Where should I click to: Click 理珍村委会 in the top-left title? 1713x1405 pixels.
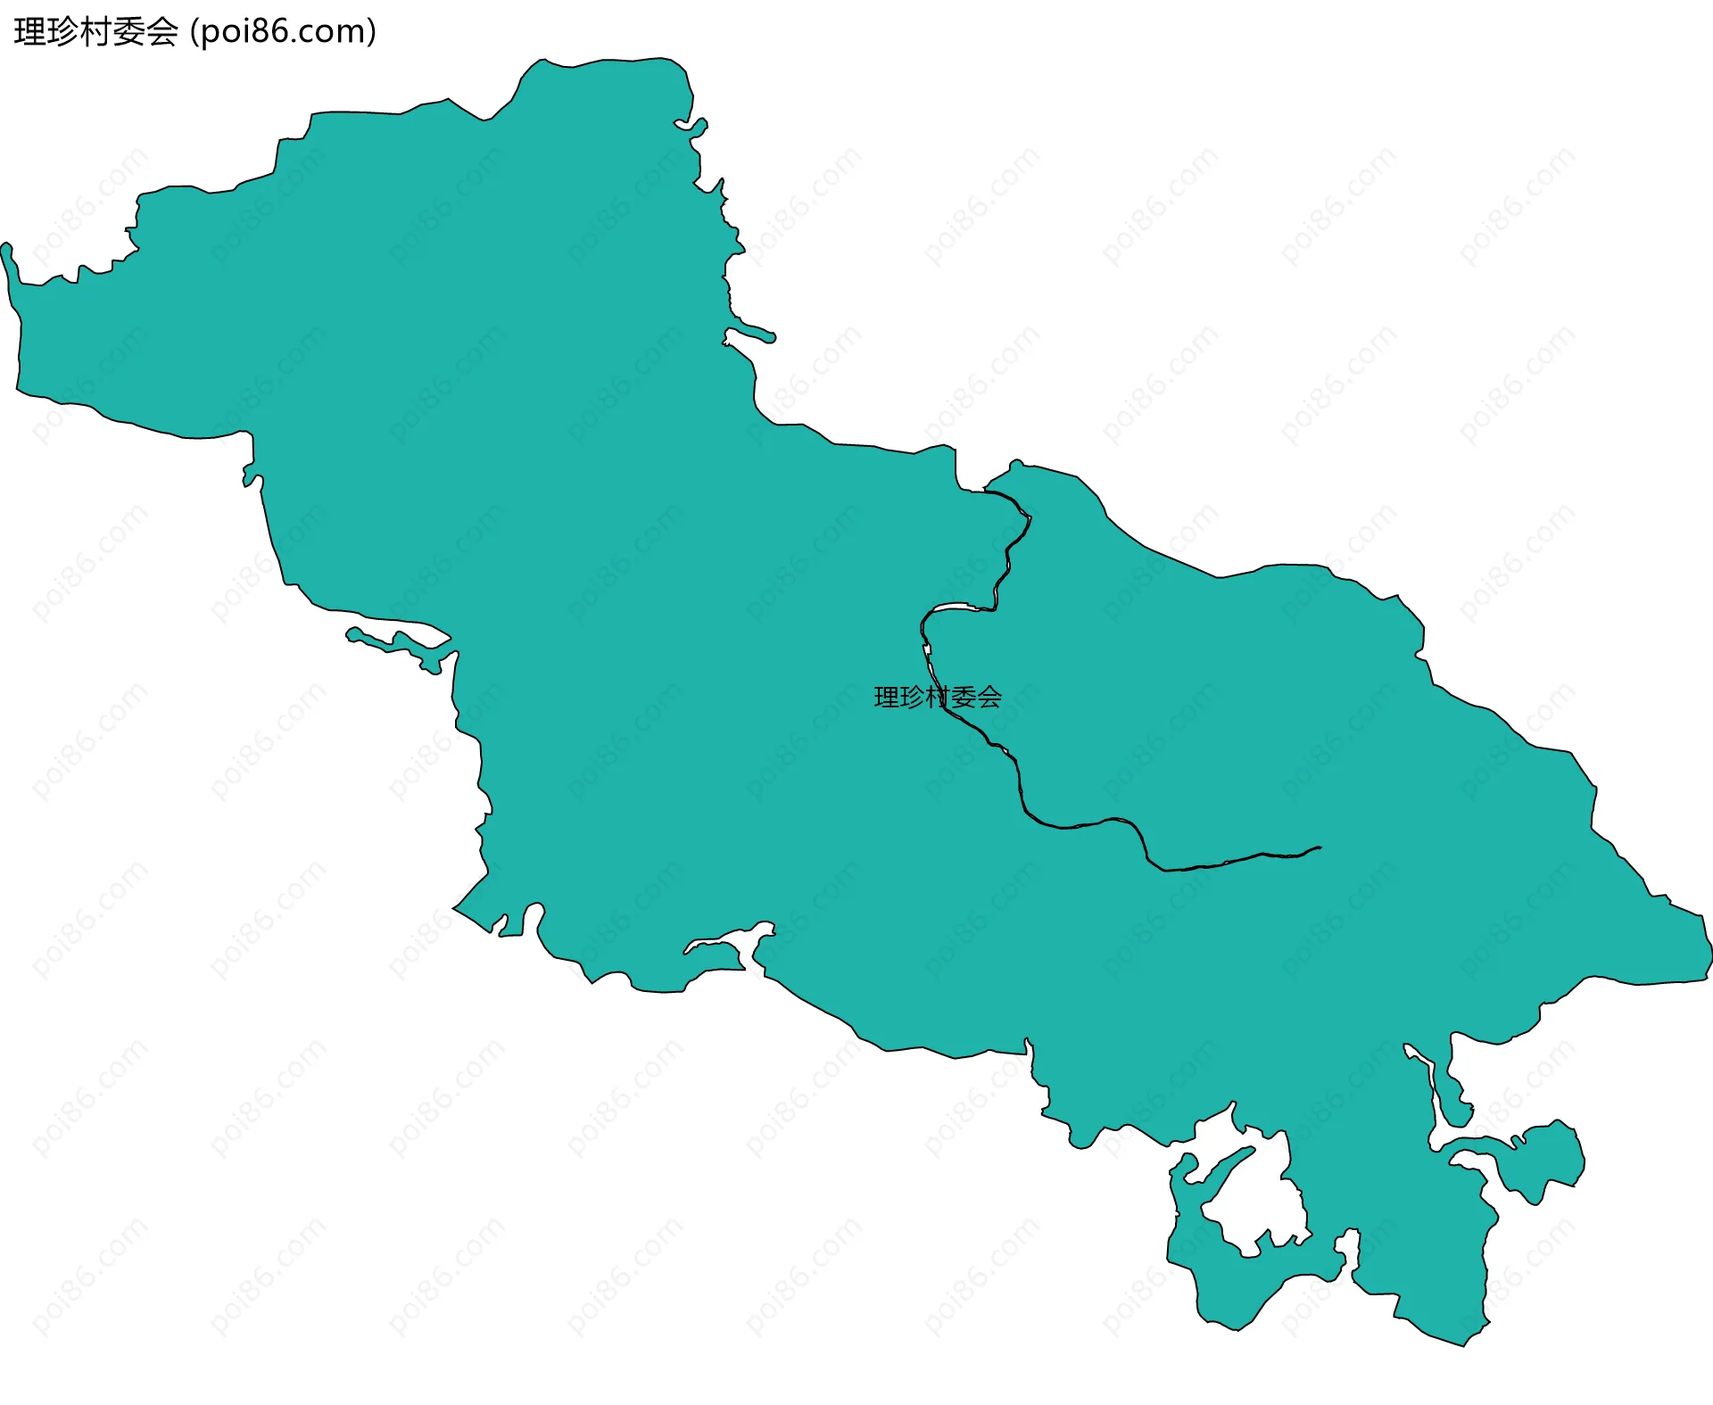click(x=96, y=32)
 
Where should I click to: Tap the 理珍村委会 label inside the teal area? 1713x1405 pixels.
click(x=938, y=697)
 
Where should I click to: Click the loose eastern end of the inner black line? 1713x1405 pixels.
click(x=1320, y=847)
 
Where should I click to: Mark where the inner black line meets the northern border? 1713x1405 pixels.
click(x=985, y=491)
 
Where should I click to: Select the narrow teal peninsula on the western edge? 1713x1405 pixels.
click(x=397, y=644)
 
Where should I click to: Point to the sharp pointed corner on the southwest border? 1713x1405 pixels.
click(x=455, y=908)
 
